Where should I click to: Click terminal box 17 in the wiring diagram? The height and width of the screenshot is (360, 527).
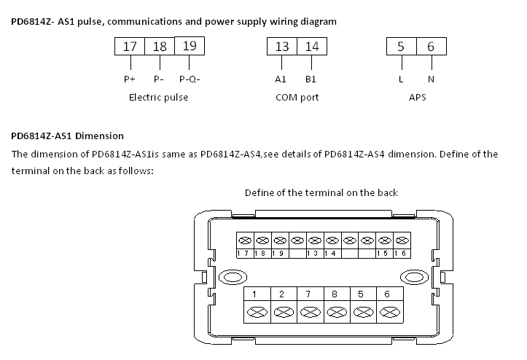pos(130,47)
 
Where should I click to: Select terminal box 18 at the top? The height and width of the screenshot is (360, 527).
pos(160,47)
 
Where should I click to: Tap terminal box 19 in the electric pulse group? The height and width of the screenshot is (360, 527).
pos(190,46)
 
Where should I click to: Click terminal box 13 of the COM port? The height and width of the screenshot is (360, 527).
pos(282,47)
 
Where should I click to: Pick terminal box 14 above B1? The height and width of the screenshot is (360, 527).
pos(311,47)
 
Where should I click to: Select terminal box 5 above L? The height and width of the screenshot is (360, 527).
pos(401,47)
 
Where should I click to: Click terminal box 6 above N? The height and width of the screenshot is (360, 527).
pos(431,47)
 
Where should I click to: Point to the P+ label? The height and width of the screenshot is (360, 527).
pos(129,79)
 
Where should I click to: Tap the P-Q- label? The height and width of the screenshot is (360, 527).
pos(190,79)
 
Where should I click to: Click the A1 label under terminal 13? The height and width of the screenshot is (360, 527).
pos(281,79)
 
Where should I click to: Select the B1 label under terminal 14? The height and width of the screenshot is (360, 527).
pos(311,79)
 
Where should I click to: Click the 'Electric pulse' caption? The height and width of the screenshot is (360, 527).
pos(158,97)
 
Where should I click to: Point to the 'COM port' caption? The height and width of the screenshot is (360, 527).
pos(297,97)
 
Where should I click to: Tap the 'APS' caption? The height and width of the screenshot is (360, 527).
pos(417,97)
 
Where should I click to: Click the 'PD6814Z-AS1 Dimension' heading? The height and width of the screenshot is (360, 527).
pos(67,136)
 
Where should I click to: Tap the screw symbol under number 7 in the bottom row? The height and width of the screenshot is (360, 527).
pos(308,311)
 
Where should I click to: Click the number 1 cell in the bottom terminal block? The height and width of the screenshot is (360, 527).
pos(254,294)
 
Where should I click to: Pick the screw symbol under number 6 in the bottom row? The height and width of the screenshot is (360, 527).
pos(387,311)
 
